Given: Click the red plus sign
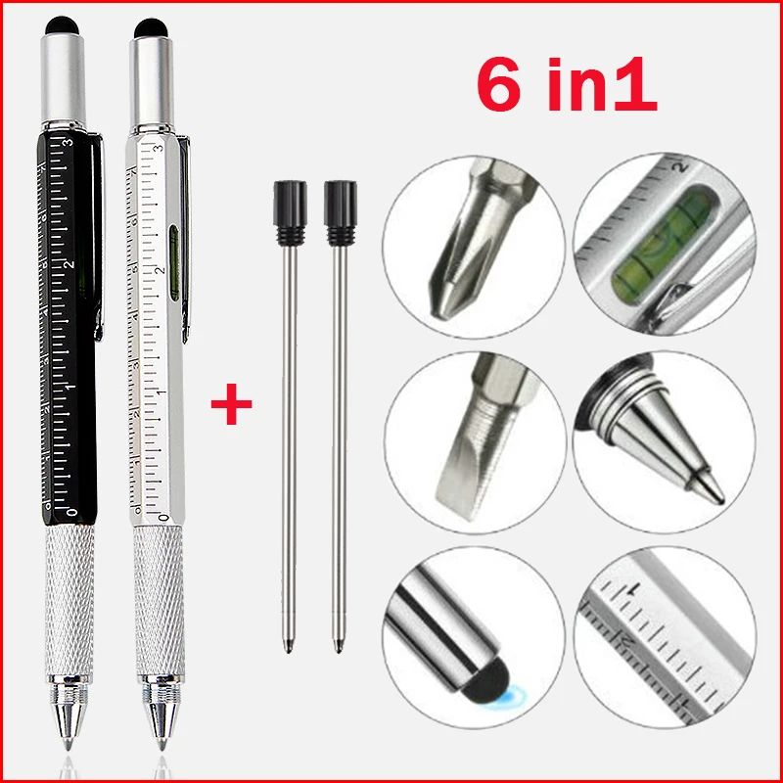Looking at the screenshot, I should click(x=231, y=403).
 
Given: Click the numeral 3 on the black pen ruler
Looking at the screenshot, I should click(x=67, y=145).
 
